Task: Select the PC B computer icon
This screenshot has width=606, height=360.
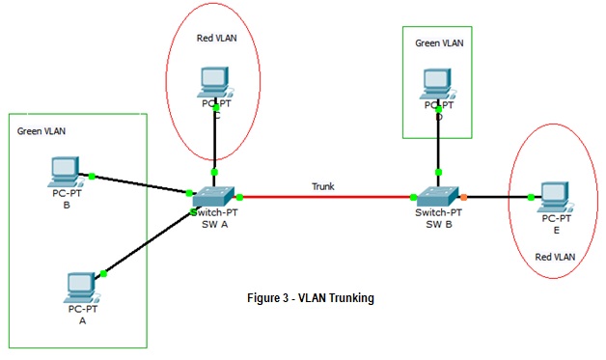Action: [66, 172]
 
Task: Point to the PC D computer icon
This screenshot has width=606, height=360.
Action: [438, 82]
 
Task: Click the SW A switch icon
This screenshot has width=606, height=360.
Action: [214, 193]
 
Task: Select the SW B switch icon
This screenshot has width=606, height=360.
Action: [440, 193]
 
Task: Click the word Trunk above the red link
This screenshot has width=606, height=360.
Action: [324, 186]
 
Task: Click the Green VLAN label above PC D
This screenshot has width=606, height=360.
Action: [439, 43]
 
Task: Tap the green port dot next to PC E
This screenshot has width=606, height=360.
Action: [532, 197]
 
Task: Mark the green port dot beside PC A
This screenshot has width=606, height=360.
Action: [103, 274]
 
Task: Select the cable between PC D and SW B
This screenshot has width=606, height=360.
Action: [439, 145]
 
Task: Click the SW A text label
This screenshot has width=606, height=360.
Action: [214, 224]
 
